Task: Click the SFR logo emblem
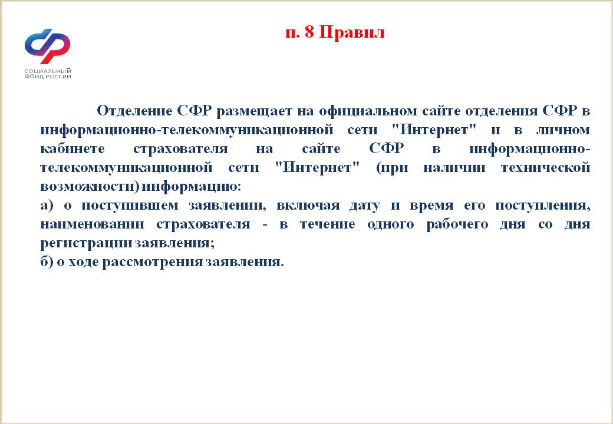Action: (47, 46)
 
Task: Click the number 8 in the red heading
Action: (309, 32)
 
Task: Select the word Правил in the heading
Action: (352, 32)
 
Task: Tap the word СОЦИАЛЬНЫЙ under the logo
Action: (48, 71)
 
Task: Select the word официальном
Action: (368, 111)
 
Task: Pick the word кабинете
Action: (72, 148)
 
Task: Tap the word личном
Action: (562, 130)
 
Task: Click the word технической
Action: (545, 167)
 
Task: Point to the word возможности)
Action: (90, 187)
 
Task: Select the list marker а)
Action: (47, 206)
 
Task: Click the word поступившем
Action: (130, 206)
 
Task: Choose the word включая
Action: (308, 206)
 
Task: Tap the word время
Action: (431, 206)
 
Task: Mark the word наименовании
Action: (93, 224)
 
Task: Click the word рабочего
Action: (457, 225)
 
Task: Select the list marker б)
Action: (47, 261)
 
